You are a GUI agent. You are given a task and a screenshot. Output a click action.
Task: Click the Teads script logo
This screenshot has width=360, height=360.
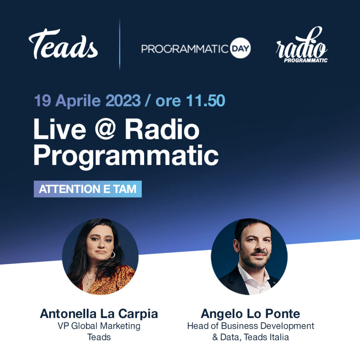coord(63,44)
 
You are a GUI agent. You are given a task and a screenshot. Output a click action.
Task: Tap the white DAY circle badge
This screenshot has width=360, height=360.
coord(240,48)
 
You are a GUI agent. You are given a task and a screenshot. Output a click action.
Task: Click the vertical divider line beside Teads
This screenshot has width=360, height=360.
coord(120,44)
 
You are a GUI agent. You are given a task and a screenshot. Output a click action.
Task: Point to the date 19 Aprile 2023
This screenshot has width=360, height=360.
coord(87,101)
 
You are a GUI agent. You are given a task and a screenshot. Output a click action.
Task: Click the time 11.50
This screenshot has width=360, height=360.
coord(205,101)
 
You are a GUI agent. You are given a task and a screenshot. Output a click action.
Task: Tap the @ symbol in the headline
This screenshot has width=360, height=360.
coord(105,129)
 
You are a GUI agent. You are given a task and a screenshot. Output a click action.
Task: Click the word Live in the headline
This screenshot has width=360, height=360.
coord(60,129)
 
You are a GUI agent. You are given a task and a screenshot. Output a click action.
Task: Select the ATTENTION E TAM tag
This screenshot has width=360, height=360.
coord(88,189)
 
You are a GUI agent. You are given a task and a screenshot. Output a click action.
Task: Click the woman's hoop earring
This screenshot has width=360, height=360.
coord(112,255)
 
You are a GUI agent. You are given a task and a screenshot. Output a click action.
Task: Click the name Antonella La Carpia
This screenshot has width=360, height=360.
coord(99,314)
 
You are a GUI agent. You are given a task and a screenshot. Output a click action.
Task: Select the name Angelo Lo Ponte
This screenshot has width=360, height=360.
coord(250,314)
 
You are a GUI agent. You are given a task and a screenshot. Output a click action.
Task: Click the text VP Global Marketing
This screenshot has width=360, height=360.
coord(99,326)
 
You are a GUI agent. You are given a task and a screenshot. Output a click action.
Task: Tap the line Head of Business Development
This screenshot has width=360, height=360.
coord(250,326)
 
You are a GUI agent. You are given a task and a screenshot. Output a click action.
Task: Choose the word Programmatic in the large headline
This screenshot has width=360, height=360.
coord(126,156)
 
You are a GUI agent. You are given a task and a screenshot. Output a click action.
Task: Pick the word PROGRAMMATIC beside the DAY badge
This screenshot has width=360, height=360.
coord(185,49)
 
